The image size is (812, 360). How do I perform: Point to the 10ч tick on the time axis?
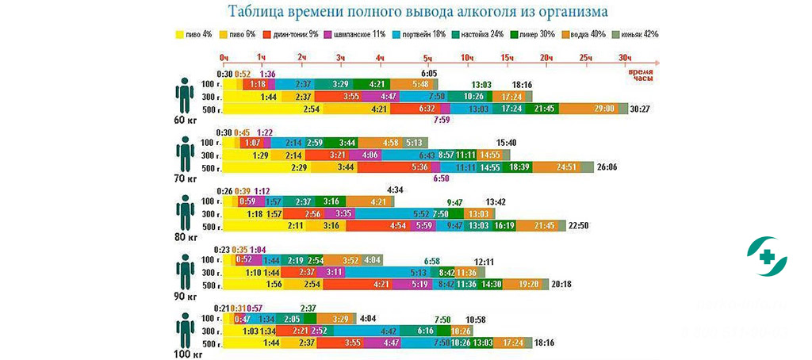[468, 59]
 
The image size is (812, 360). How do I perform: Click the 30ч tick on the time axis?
[625, 59]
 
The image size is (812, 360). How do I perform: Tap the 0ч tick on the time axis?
[224, 59]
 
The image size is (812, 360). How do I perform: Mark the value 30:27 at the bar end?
[639, 109]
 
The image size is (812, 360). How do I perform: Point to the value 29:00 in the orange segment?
[603, 109]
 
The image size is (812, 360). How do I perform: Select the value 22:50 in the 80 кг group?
[579, 226]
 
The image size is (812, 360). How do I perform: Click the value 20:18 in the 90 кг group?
[561, 284]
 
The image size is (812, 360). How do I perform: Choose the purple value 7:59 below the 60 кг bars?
[442, 121]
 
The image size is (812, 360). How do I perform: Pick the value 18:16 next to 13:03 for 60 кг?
[522, 85]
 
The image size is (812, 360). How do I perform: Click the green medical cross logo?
[767, 256]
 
